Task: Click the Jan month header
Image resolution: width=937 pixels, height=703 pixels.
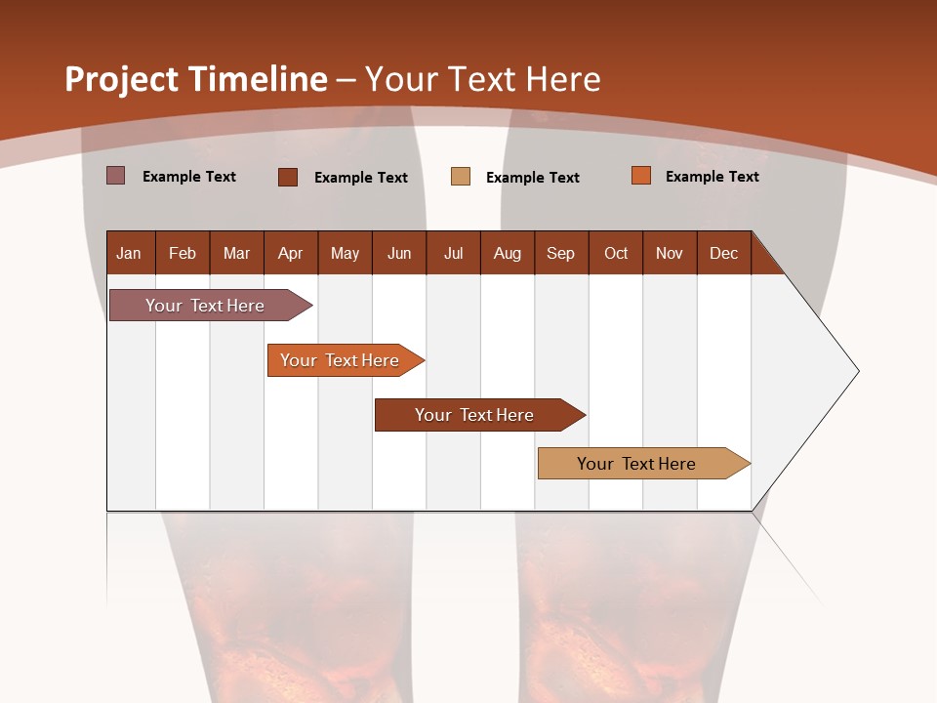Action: pyautogui.click(x=129, y=253)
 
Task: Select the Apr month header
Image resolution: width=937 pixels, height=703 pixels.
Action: pyautogui.click(x=290, y=253)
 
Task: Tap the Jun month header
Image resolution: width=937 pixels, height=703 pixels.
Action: pyautogui.click(x=398, y=253)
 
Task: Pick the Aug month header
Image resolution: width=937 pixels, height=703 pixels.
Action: pyautogui.click(x=507, y=253)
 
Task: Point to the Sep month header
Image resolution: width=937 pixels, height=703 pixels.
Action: pyautogui.click(x=560, y=253)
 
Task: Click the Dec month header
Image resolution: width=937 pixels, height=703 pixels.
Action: pyautogui.click(x=723, y=253)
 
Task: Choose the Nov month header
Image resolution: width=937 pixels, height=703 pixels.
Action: pyautogui.click(x=669, y=253)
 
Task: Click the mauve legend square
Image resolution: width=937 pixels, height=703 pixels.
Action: pyautogui.click(x=116, y=176)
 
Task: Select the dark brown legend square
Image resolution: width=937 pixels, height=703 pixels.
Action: pyautogui.click(x=288, y=177)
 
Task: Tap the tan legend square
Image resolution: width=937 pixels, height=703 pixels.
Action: pyautogui.click(x=461, y=177)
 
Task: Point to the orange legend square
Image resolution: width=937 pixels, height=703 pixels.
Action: pyautogui.click(x=641, y=176)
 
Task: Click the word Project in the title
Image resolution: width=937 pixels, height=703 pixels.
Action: pyautogui.click(x=122, y=79)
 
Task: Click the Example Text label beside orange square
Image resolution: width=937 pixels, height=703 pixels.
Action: pyautogui.click(x=712, y=177)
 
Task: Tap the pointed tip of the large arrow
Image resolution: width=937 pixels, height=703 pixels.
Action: pyautogui.click(x=856, y=371)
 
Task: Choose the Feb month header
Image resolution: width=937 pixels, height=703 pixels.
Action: pyautogui.click(x=183, y=253)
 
